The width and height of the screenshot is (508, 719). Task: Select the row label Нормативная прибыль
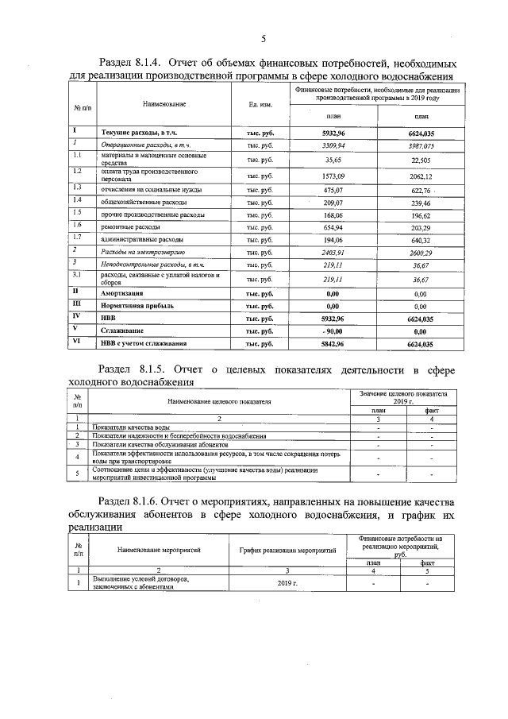tap(137, 305)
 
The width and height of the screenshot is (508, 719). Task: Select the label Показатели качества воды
tap(130, 427)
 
